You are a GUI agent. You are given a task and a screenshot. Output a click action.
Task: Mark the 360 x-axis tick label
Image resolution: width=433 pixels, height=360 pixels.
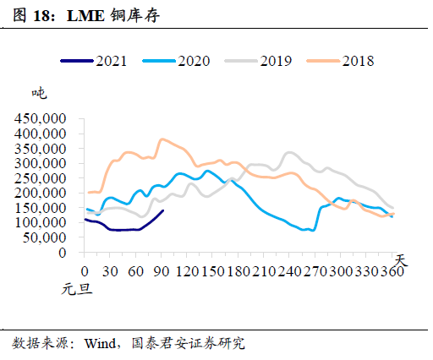tap(393, 272)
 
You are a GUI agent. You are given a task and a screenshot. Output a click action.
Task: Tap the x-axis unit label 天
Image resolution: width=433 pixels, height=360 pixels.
tap(400, 259)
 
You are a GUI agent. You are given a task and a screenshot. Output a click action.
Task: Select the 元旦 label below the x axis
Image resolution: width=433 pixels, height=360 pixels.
tap(74, 290)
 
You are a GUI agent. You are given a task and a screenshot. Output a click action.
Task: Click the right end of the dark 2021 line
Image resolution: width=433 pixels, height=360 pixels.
tap(163, 210)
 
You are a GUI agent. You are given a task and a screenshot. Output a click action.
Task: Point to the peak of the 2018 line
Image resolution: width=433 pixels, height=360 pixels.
tap(161, 139)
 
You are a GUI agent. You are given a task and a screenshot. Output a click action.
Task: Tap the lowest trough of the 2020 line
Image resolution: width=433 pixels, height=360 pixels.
tap(314, 230)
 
